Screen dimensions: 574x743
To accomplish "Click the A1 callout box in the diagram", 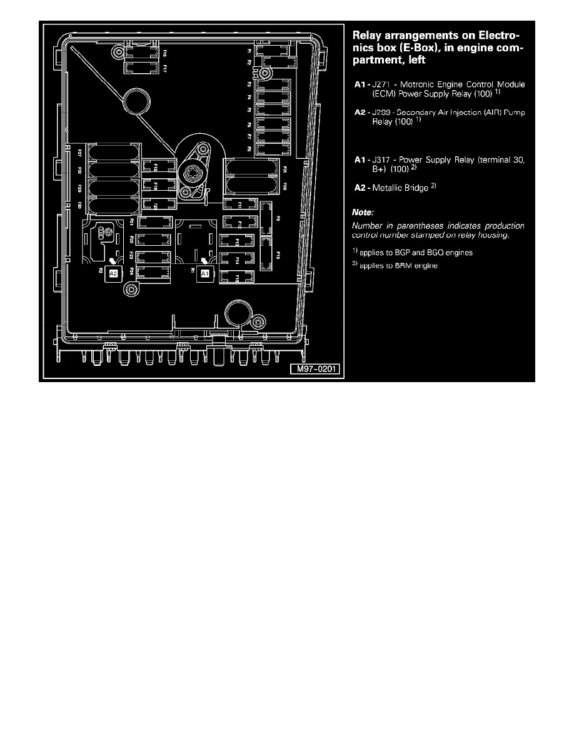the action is (205, 273).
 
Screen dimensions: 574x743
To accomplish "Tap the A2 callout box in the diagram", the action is (114, 273).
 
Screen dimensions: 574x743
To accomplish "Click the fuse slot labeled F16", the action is (143, 51).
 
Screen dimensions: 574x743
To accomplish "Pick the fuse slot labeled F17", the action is (143, 67).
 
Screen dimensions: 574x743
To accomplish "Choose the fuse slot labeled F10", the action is (266, 254).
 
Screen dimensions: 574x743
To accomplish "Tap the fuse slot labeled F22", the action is (153, 239).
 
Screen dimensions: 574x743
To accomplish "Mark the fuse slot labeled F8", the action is (274, 149).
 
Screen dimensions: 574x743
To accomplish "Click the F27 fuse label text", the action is (79, 152).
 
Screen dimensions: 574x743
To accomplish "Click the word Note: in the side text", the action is (363, 213).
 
